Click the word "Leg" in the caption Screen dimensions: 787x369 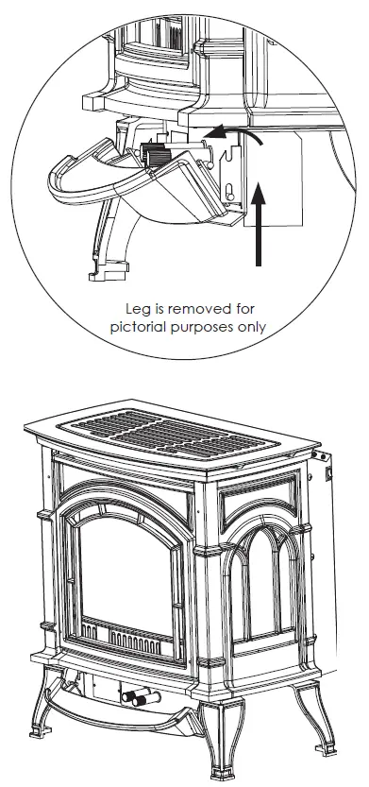139,309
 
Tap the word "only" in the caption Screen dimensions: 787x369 255,328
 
